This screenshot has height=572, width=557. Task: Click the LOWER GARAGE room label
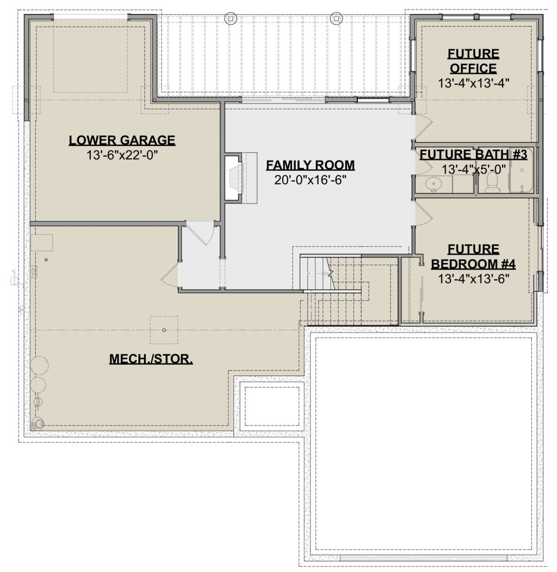point(122,140)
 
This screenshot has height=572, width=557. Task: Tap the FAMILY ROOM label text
point(310,165)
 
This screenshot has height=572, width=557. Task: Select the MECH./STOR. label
point(151,359)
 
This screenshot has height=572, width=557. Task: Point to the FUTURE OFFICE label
point(473,61)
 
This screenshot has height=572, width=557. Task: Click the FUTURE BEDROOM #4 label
point(473,257)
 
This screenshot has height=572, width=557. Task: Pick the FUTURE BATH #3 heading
point(473,154)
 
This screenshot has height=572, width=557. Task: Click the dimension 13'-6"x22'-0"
point(122,155)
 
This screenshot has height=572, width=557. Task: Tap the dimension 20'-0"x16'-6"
point(310,180)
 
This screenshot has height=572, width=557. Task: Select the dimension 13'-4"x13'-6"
point(473,279)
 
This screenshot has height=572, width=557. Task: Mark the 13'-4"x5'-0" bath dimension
point(473,170)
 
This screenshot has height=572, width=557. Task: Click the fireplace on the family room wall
point(233,178)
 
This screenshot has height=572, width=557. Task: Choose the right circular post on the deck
point(335,18)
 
